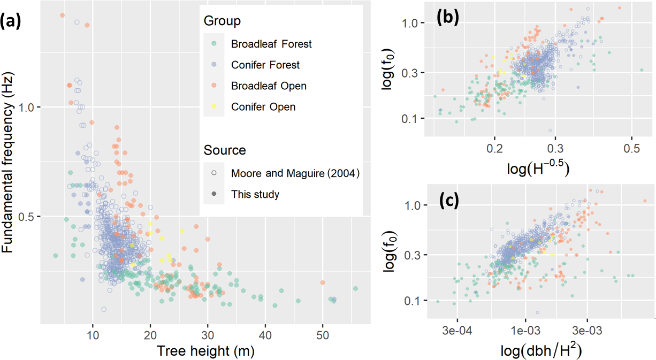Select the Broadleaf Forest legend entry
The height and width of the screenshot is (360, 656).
(271, 44)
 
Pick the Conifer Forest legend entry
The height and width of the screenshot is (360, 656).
(265, 65)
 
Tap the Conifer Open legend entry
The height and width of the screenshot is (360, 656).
(263, 107)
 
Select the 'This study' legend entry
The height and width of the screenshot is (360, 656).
(255, 194)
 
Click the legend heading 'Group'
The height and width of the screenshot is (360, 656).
(222, 21)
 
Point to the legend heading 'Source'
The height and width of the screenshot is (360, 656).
(225, 150)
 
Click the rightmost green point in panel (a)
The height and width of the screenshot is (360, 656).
(355, 288)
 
